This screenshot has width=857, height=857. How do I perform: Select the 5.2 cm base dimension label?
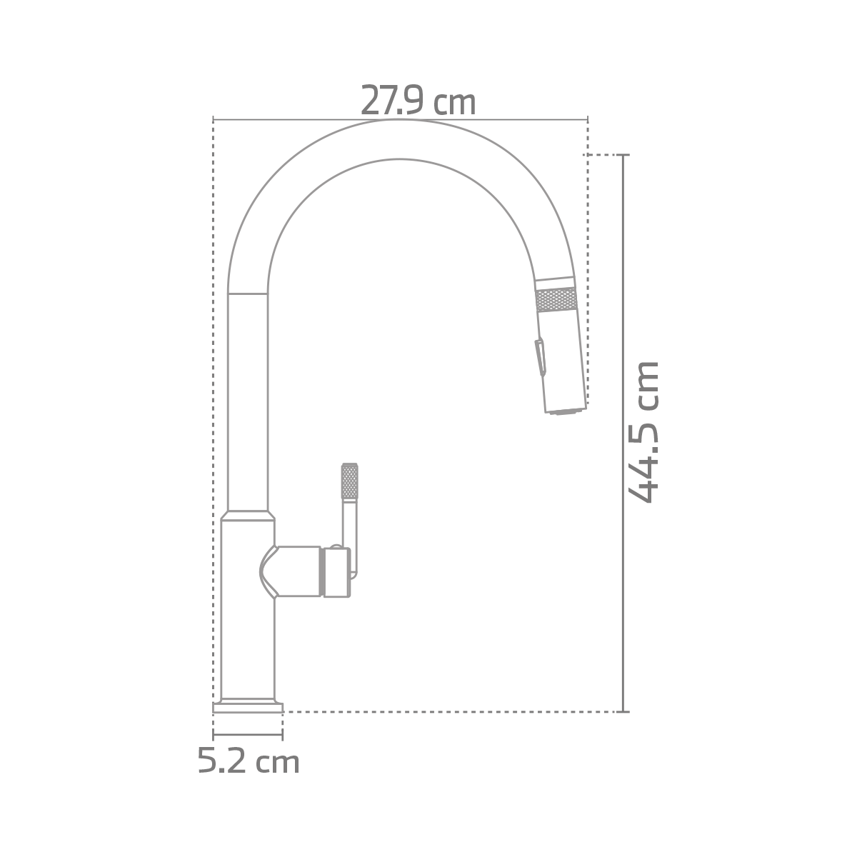pos(248,762)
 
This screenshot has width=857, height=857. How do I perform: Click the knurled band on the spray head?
pos(556,300)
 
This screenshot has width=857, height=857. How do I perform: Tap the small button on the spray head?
pos(541,357)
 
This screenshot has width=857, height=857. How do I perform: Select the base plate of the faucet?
pos(248,707)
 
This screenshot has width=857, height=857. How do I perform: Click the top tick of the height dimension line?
pos(625,155)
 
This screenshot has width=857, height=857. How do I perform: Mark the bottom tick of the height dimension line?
pos(625,711)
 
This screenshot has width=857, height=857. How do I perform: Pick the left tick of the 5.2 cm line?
pos(214,734)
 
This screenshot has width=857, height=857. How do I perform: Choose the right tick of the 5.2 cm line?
pos(283,734)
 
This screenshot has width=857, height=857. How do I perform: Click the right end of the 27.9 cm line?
pos(587,119)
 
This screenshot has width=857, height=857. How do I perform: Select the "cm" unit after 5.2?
pos(278,763)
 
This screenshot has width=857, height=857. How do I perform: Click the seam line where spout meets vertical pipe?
pos(248,294)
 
